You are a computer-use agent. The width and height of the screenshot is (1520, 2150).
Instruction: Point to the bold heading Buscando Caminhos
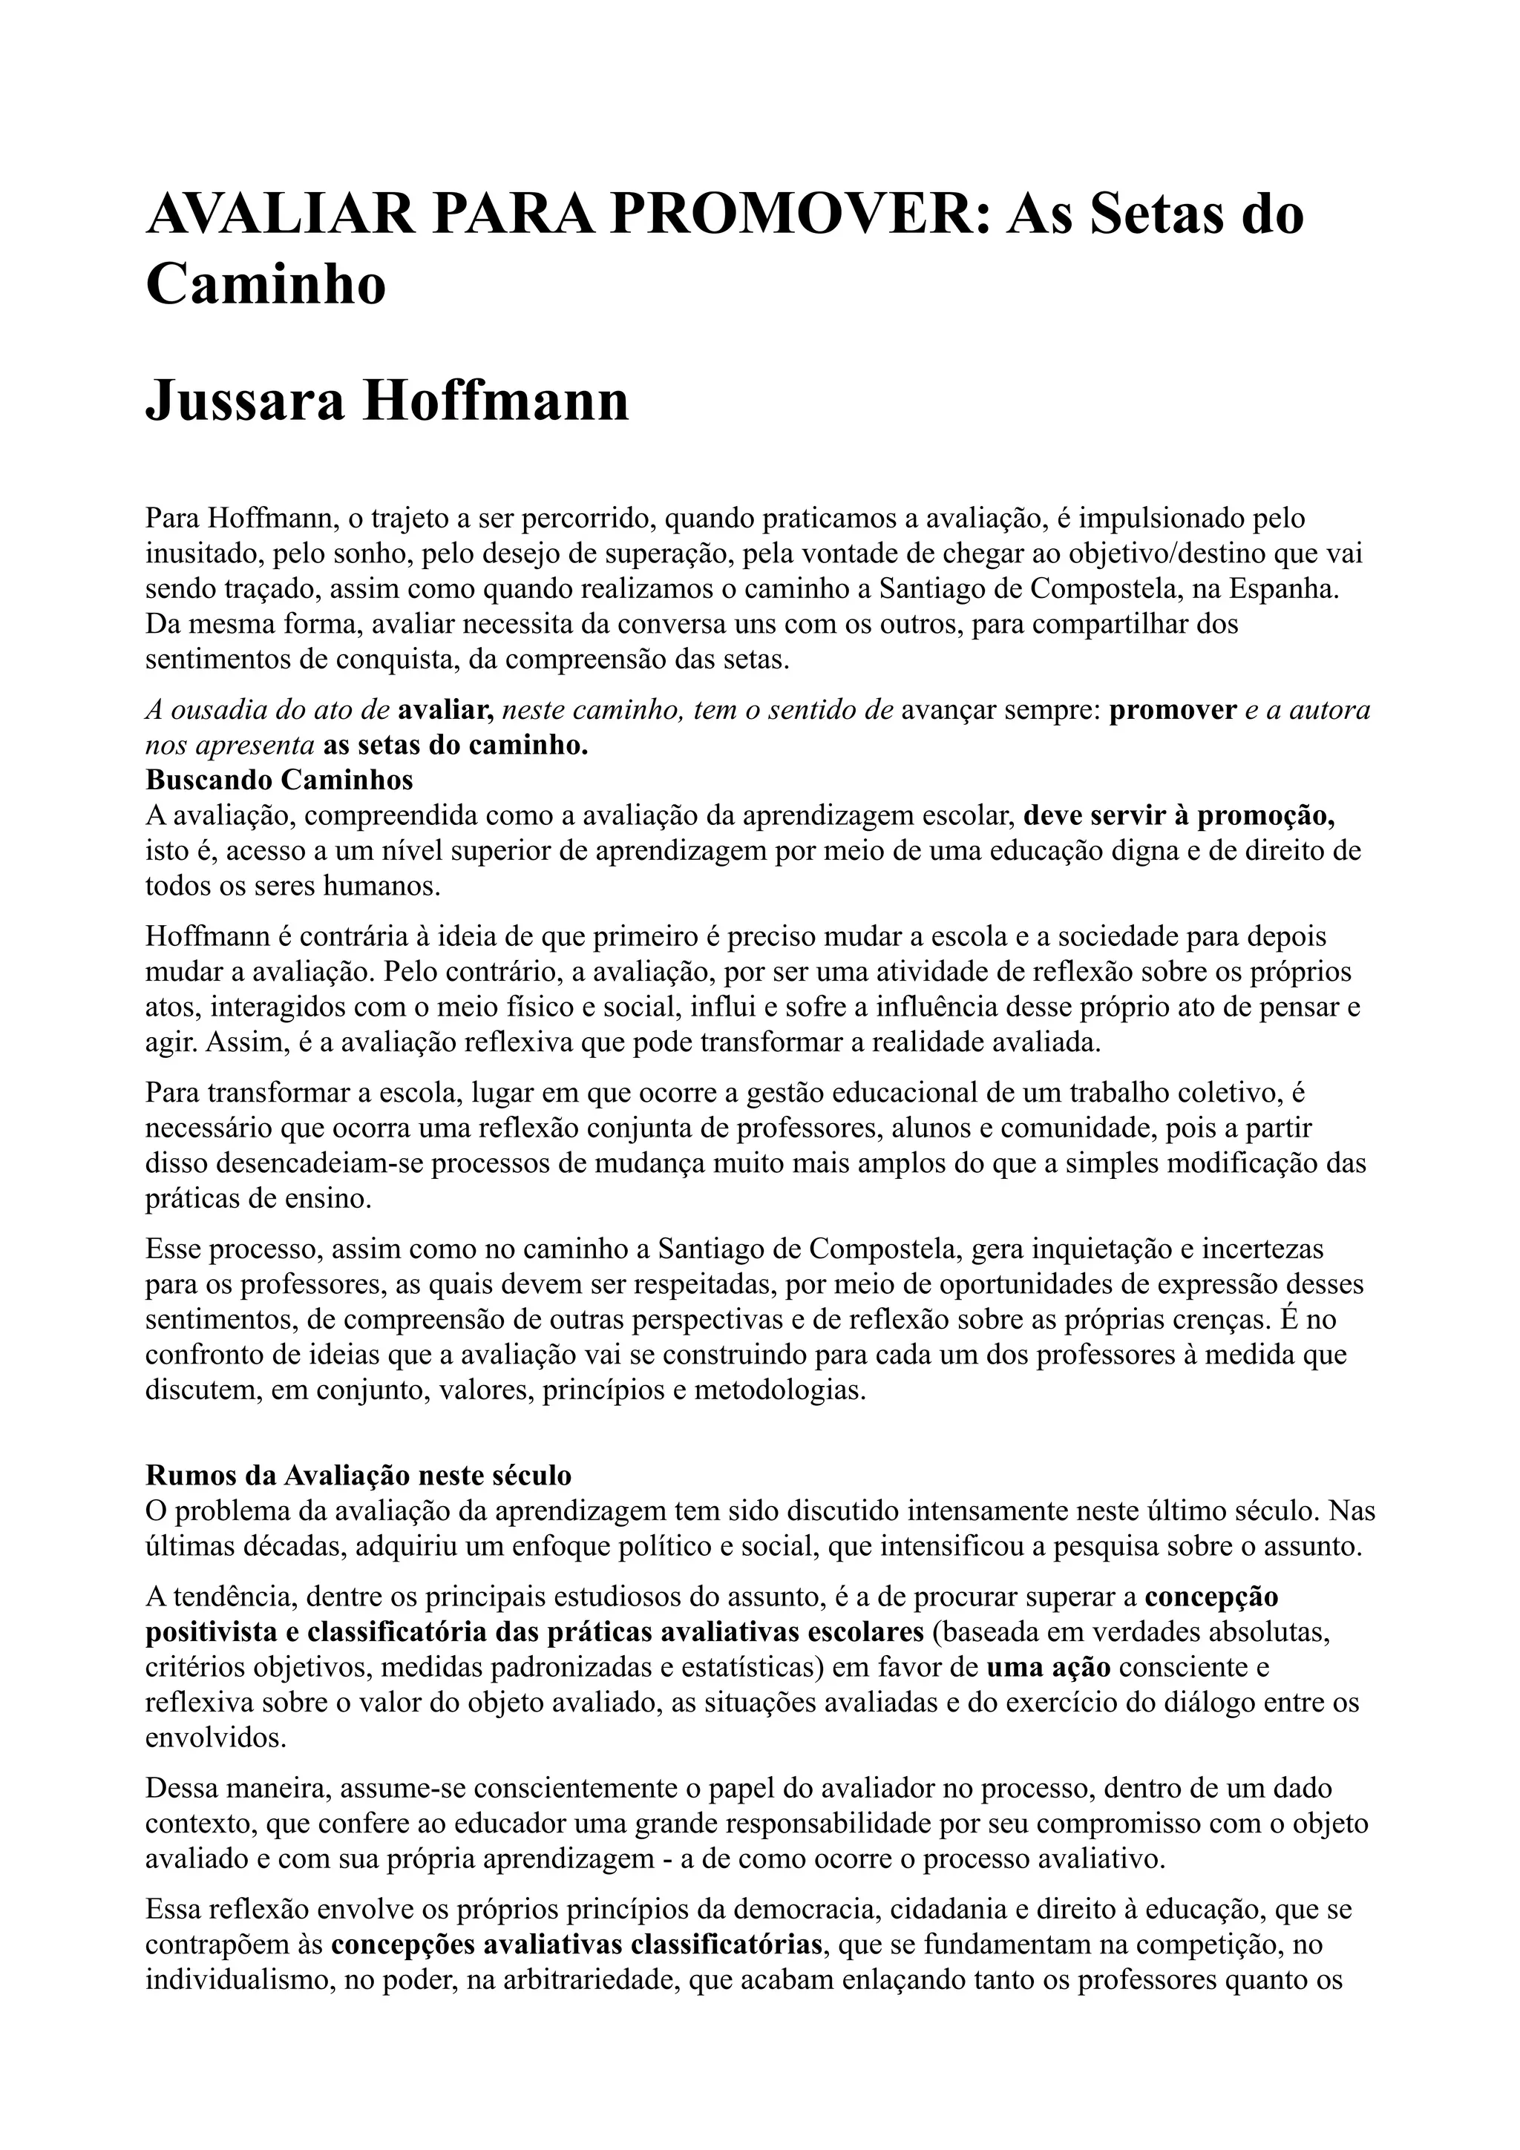279,779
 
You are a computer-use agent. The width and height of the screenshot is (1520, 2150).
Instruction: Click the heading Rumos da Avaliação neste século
358,1475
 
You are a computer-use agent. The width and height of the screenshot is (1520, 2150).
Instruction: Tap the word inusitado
201,553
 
